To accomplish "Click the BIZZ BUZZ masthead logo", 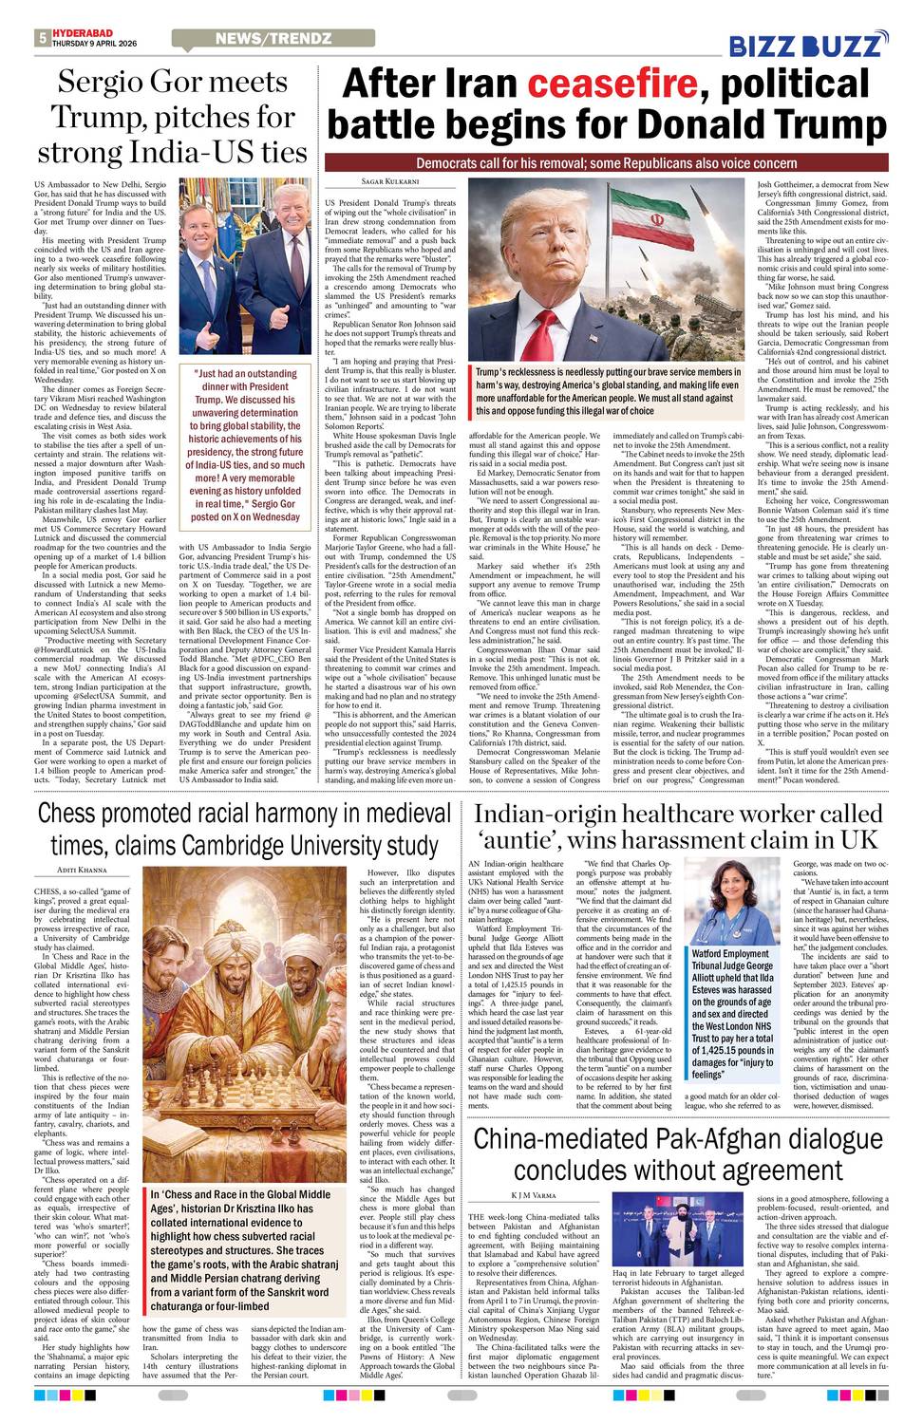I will point(808,45).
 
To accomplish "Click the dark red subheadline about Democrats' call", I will point(606,163).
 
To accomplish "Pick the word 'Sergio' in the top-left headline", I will point(113,83).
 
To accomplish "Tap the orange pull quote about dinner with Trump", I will point(246,445).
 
